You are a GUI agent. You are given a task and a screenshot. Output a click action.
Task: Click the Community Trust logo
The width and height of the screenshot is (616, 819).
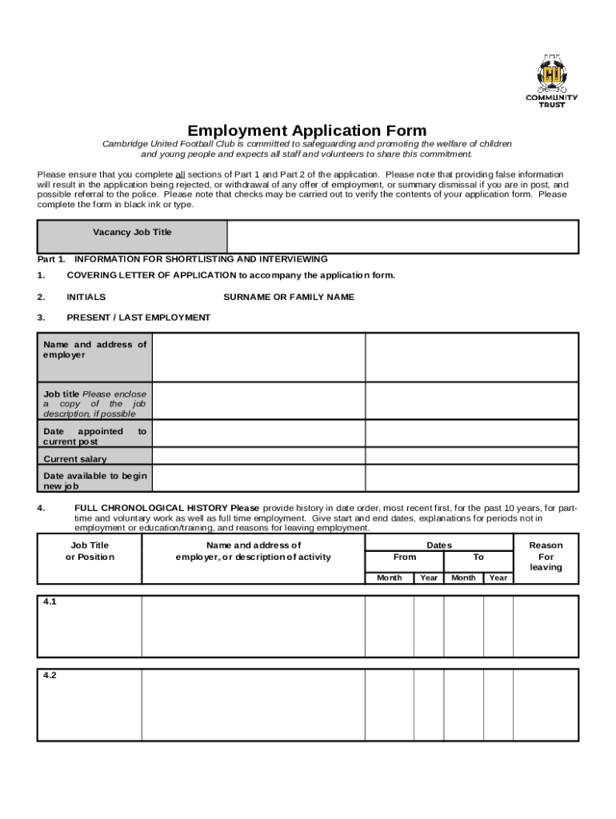[x=550, y=81]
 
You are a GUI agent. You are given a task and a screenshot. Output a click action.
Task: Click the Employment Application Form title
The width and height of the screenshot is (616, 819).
[x=307, y=130]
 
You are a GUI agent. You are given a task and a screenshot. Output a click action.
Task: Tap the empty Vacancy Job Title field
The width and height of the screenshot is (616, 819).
[x=402, y=237]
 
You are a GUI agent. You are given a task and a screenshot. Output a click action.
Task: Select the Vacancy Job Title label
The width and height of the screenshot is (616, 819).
[x=132, y=232]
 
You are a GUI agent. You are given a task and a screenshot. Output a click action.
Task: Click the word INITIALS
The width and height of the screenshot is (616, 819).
[x=86, y=297]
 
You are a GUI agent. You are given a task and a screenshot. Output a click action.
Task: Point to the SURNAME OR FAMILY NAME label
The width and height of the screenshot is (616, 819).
[x=289, y=297]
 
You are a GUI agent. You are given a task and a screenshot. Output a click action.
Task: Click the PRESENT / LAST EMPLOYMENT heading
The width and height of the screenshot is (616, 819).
[x=138, y=318]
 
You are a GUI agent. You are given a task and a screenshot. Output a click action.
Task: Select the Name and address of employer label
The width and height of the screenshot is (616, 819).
[x=94, y=350]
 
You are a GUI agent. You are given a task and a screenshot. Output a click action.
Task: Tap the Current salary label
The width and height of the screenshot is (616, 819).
[x=74, y=459]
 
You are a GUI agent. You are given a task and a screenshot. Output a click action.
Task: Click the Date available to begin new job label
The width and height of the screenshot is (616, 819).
[x=94, y=481]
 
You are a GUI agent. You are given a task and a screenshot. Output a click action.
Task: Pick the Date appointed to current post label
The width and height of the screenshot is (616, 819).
[x=94, y=436]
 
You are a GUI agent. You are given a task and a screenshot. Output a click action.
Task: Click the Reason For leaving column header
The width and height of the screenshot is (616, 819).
[x=546, y=556]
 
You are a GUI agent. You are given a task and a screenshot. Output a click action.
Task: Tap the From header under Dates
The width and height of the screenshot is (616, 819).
[x=405, y=557]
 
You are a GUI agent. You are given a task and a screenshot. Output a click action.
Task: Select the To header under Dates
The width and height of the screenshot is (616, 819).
[x=478, y=557]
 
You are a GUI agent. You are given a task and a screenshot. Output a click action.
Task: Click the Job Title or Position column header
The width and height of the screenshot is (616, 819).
[x=90, y=551]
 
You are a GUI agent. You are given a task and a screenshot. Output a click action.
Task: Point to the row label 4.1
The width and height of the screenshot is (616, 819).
[x=50, y=602]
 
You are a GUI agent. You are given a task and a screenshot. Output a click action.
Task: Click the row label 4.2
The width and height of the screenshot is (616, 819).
[x=50, y=675]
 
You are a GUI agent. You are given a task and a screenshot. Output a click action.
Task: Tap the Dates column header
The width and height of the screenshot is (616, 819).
[x=439, y=545]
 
